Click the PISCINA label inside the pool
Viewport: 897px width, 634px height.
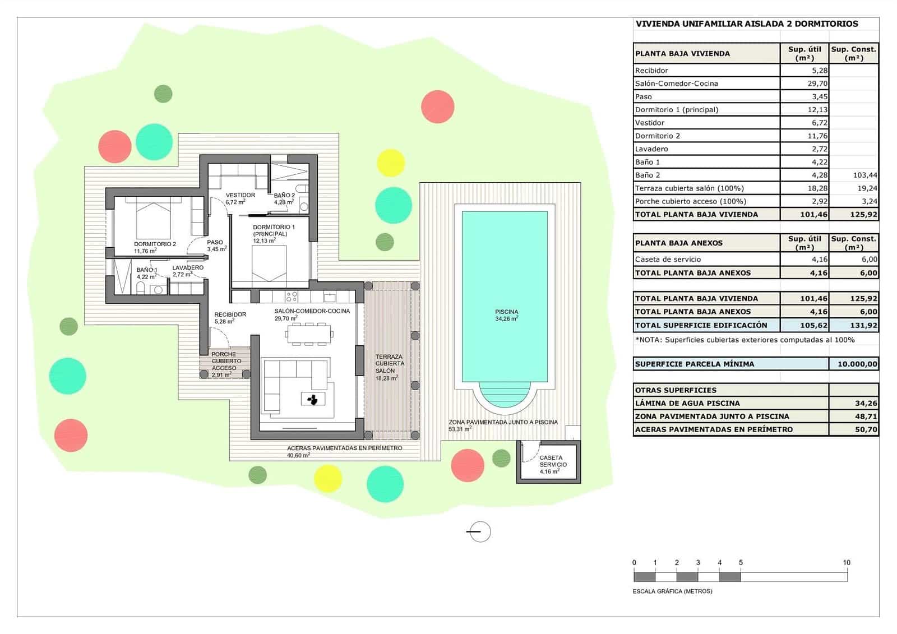(x=506, y=312)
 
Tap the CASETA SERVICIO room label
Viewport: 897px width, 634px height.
(x=553, y=461)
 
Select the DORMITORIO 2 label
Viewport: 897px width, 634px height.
(x=155, y=244)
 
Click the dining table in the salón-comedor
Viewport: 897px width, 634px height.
(x=309, y=335)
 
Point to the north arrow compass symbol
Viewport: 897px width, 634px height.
(x=479, y=531)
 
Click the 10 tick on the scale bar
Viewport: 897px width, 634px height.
(x=847, y=562)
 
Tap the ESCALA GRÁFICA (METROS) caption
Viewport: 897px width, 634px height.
(x=672, y=591)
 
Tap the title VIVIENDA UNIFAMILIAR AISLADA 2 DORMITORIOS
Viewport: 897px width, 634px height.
(x=747, y=24)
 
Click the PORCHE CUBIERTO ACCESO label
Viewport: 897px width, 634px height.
(x=224, y=361)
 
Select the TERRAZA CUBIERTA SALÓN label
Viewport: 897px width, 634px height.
(x=389, y=364)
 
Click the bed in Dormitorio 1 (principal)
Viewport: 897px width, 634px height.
(x=269, y=263)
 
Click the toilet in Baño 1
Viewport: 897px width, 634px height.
(x=141, y=289)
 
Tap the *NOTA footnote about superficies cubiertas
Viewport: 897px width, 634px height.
(x=745, y=340)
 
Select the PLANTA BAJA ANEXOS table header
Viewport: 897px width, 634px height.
(x=678, y=243)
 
